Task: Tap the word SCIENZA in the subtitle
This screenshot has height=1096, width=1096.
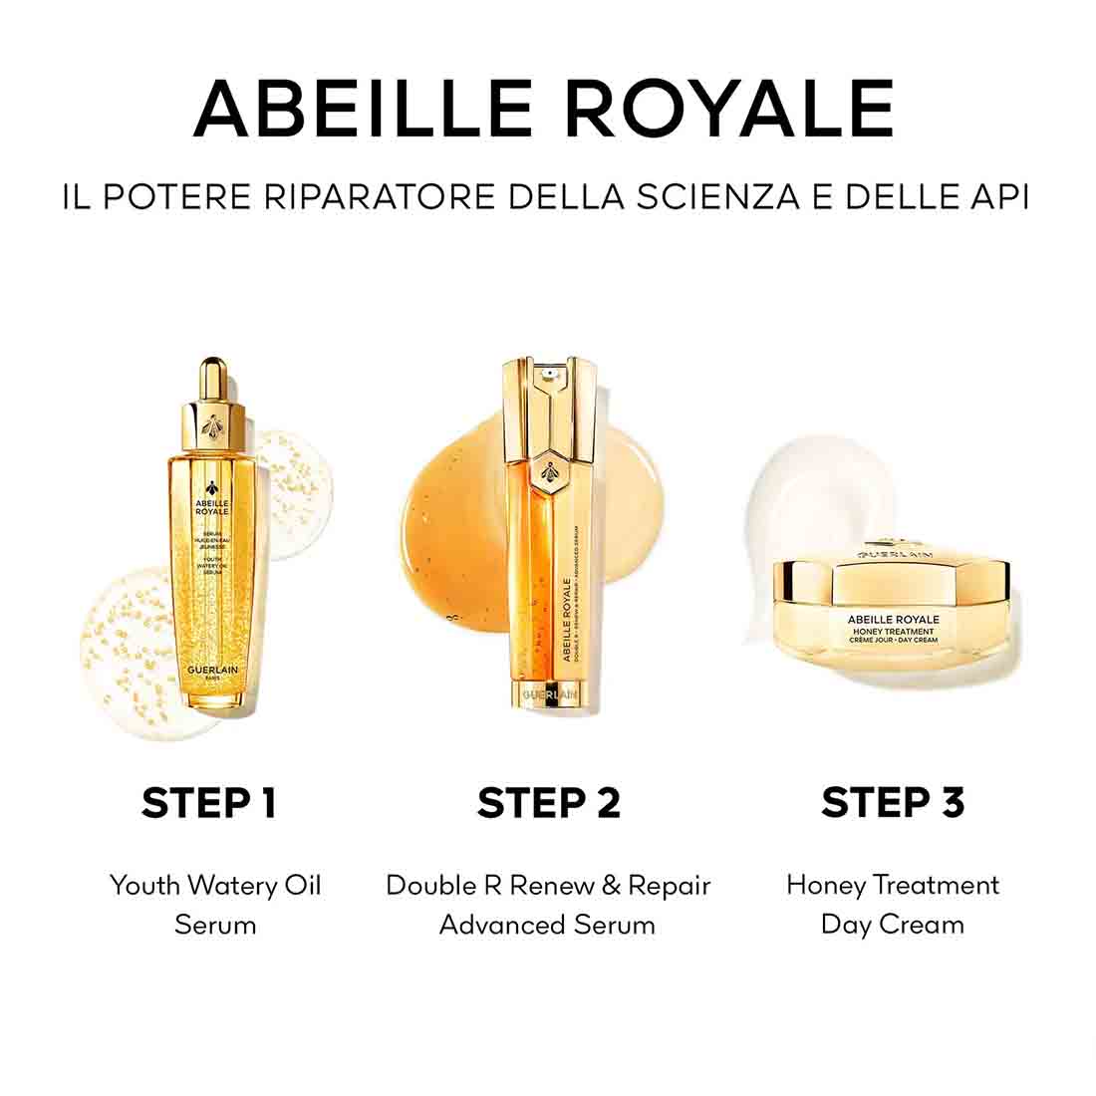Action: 712,196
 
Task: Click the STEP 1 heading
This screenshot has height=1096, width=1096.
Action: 208,802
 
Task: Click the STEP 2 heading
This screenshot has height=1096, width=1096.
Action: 548,802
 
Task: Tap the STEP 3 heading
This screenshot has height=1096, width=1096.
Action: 893,802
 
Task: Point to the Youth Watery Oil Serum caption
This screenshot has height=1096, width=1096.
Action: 215,904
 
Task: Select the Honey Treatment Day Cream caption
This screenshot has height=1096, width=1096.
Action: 893,904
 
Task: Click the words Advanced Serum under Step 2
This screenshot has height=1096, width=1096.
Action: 548,925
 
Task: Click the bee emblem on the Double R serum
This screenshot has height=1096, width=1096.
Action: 550,468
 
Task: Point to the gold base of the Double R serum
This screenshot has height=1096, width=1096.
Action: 550,692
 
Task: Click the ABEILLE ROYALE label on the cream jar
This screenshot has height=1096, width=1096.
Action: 893,619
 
